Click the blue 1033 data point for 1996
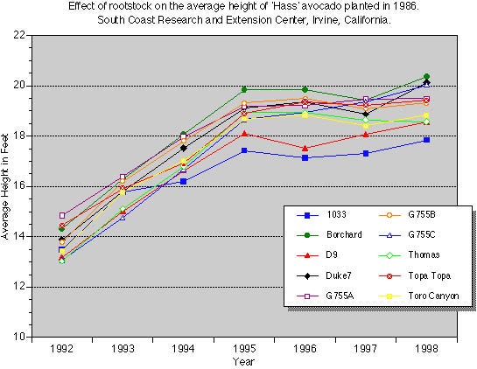click(x=304, y=157)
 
